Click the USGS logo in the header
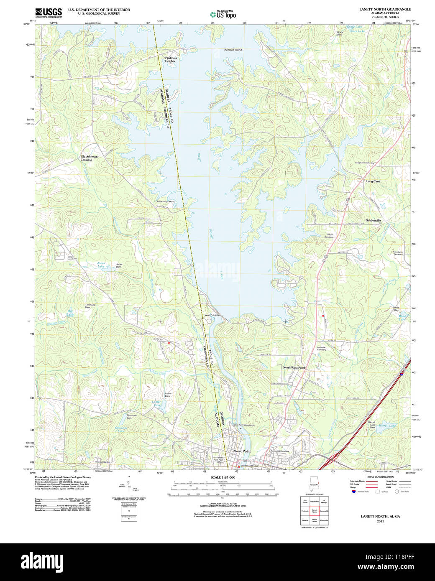point(48,12)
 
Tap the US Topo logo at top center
point(223,14)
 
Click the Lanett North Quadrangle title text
point(385,9)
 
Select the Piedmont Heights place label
point(171,60)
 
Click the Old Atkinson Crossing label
point(89,158)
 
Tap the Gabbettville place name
point(373,220)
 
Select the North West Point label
point(294,367)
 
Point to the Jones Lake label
point(101,265)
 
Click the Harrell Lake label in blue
point(387,426)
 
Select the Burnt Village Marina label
point(166,201)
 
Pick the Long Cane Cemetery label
point(364,163)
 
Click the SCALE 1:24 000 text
point(223,477)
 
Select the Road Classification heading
point(380,477)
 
